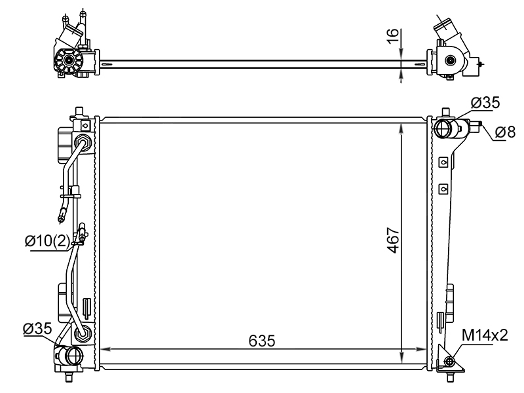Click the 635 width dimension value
pyautogui.click(x=261, y=341)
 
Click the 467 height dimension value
pyautogui.click(x=394, y=240)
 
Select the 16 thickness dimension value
pyautogui.click(x=393, y=36)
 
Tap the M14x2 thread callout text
pyautogui.click(x=485, y=335)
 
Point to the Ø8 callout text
pyautogui.click(x=505, y=132)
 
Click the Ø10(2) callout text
pyautogui.click(x=47, y=240)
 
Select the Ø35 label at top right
pyautogui.click(x=485, y=103)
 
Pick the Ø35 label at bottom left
pyautogui.click(x=37, y=329)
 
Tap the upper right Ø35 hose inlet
pyautogui.click(x=443, y=128)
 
